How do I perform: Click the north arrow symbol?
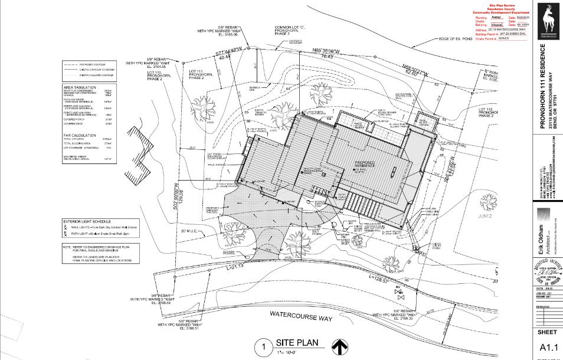click(338, 346)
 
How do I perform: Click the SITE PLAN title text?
click(297, 343)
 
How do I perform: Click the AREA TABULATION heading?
click(77, 87)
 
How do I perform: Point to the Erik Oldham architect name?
click(541, 238)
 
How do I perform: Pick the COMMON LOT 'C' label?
click(292, 28)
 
